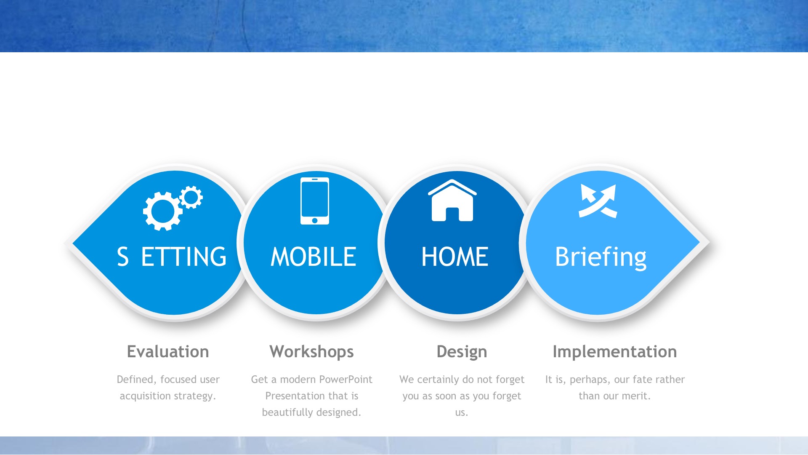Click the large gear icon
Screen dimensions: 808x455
pyautogui.click(x=162, y=211)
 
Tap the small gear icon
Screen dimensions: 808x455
pyautogui.click(x=191, y=197)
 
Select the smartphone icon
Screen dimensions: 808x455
pyautogui.click(x=315, y=201)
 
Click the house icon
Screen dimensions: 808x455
pyautogui.click(x=452, y=201)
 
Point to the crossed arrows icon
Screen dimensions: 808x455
pyautogui.click(x=598, y=201)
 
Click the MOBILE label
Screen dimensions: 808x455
pyautogui.click(x=314, y=257)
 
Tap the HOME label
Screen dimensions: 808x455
pyautogui.click(x=455, y=257)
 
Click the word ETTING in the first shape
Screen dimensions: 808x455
pyautogui.click(x=184, y=257)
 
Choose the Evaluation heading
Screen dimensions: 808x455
pyautogui.click(x=168, y=352)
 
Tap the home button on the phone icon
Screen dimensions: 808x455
pyautogui.click(x=315, y=220)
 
